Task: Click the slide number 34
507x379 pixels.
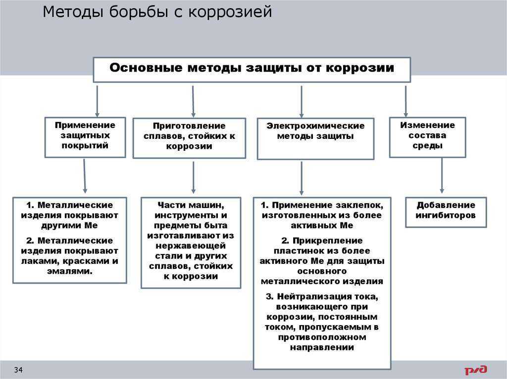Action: coord(18,370)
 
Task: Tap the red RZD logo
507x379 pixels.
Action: coord(476,370)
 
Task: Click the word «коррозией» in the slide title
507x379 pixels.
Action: coord(230,12)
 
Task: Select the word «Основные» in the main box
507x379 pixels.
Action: coord(146,68)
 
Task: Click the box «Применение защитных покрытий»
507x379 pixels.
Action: coord(85,137)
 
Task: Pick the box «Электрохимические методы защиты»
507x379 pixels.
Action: coord(315,139)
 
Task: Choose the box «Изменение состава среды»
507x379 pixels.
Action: coord(427,137)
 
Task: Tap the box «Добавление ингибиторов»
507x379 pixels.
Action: coord(446,212)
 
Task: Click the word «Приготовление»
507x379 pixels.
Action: coord(189,126)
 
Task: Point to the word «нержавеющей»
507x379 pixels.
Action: coord(191,246)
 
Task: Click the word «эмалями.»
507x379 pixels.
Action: coord(70,271)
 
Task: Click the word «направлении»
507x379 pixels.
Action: coord(322,347)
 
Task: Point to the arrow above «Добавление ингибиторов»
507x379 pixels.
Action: coord(442,175)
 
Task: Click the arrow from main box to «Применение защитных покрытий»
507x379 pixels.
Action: coord(97,101)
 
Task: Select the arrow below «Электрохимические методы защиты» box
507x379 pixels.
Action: coord(302,178)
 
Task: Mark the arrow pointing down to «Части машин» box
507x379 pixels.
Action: coord(194,177)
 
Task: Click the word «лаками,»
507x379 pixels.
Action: coord(40,261)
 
